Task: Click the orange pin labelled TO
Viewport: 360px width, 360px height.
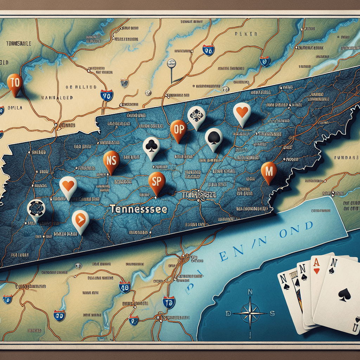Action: [15, 83]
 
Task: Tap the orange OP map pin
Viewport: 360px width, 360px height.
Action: [178, 129]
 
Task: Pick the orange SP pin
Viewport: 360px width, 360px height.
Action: [156, 182]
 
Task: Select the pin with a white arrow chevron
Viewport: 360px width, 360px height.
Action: [80, 220]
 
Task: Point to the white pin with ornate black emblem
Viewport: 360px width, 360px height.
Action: [196, 115]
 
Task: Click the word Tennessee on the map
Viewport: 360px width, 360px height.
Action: [138, 209]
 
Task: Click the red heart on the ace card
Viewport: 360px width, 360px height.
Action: [317, 271]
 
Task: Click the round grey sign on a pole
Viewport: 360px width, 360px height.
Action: [171, 63]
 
